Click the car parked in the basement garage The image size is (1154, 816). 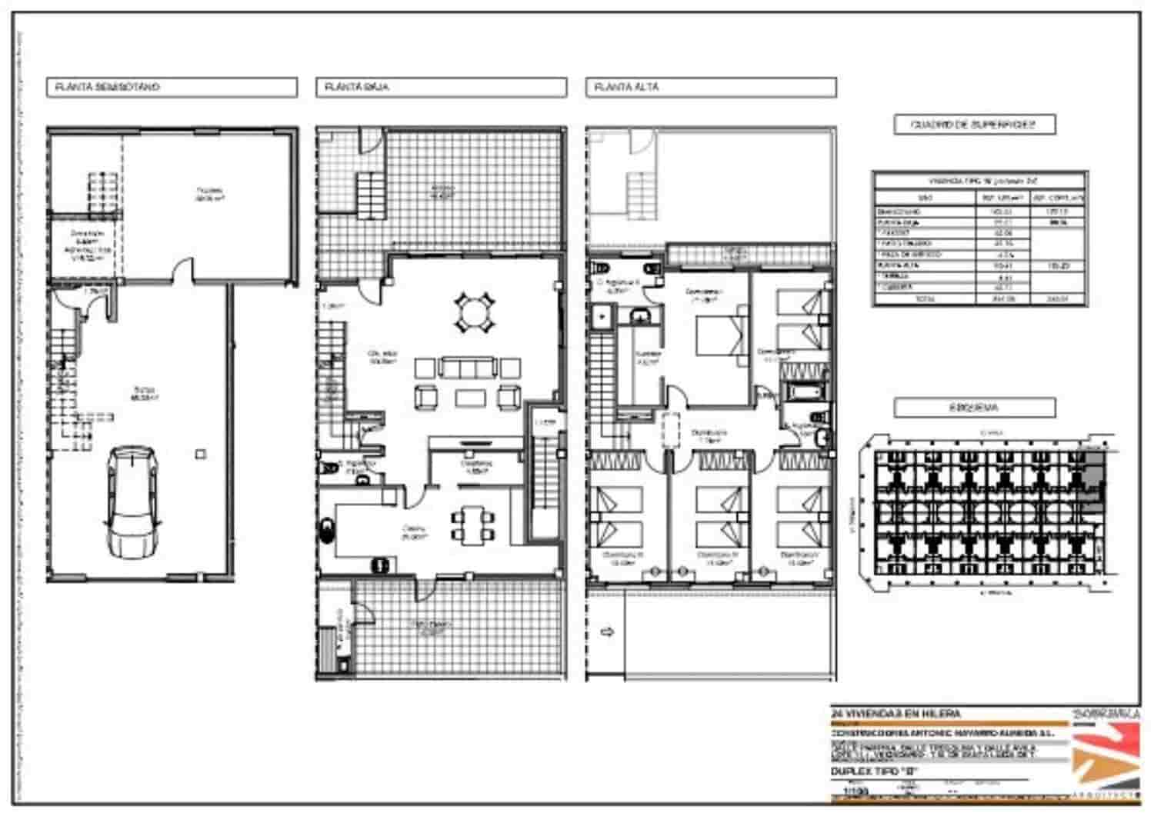(x=133, y=501)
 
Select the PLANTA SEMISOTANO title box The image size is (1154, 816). (x=172, y=87)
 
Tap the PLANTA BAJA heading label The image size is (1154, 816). (x=441, y=87)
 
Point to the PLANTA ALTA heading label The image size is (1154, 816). (x=710, y=87)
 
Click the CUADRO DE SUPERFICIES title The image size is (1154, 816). (x=974, y=125)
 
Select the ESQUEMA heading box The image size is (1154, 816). (x=974, y=408)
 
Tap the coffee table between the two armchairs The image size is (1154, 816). (x=469, y=398)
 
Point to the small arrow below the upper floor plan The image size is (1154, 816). (x=607, y=632)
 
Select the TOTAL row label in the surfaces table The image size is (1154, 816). (x=924, y=299)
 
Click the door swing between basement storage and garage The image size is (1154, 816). (x=183, y=271)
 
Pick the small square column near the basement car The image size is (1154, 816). (x=201, y=454)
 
